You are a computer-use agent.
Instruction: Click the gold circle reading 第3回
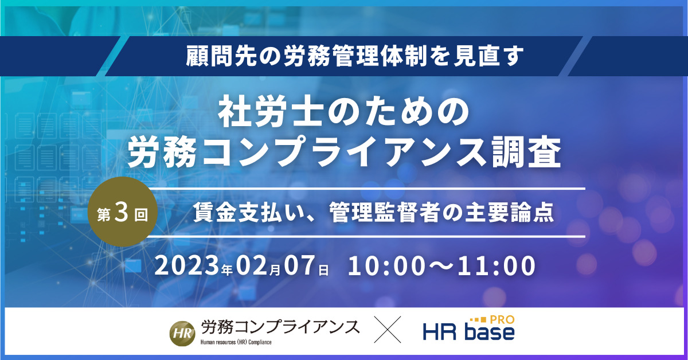(x=123, y=212)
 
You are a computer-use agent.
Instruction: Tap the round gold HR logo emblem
(x=182, y=333)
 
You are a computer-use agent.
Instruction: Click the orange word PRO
(x=502, y=320)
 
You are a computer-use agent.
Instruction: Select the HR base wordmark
(x=469, y=332)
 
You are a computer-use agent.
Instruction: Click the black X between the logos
(x=388, y=329)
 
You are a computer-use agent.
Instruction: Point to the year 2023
(x=187, y=265)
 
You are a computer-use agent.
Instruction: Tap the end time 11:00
(x=497, y=265)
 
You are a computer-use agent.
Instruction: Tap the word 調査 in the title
(x=527, y=152)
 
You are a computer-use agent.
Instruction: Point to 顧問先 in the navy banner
(x=222, y=56)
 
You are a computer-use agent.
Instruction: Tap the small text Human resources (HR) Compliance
(x=236, y=342)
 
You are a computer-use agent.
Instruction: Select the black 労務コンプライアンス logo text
(x=280, y=328)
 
